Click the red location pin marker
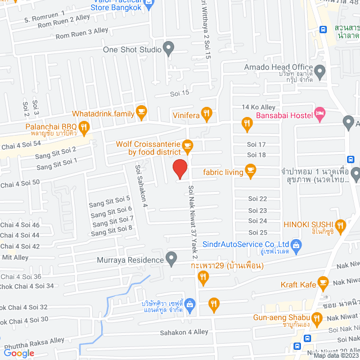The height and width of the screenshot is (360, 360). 179,169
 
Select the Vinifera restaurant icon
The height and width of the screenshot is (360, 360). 207,114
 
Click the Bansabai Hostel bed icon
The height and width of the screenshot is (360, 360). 320,115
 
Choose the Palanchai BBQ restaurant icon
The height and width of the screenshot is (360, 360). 84,127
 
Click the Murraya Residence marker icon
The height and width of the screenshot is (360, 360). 172,259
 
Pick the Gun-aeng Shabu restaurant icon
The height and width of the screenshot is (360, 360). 317,321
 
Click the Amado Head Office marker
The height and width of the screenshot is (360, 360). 320,71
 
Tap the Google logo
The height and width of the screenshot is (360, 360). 19,353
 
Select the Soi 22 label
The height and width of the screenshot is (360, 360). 257,199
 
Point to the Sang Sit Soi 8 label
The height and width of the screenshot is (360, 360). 111,228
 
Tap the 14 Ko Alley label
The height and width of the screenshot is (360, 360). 258,107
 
